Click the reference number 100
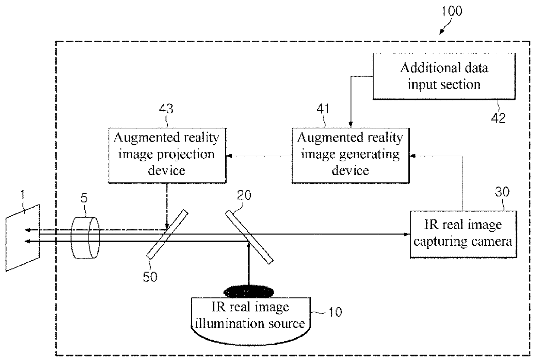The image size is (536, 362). pos(452,11)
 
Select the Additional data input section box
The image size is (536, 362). pos(444,76)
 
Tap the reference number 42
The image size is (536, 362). pos(498,118)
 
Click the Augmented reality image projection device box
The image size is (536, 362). pos(167,156)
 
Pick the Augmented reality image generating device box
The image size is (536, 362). pos(351,156)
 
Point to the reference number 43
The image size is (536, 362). pos(166,109)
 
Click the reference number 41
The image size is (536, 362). pos(323,109)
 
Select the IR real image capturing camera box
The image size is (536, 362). pos(463,234)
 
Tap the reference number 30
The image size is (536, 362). pos(502,192)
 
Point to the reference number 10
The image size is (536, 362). pos(335,312)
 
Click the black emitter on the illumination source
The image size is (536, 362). pos(249,292)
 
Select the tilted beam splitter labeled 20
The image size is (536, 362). pos(249,237)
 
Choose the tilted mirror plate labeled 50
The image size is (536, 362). pos(167,234)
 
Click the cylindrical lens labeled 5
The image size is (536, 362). pos(85,237)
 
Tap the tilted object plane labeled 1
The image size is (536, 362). pos(23,238)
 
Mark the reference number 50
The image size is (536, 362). pos(150,277)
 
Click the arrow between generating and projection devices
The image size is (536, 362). pos(259,156)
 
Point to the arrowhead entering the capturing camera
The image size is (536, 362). pos(407,234)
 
